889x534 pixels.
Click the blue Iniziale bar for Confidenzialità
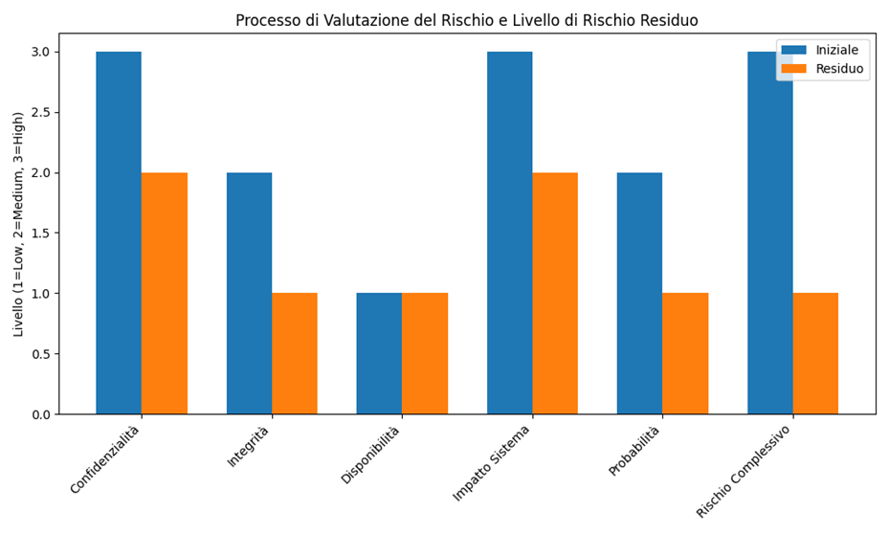point(119,233)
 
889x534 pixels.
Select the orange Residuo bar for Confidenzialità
point(165,293)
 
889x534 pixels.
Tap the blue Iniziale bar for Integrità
point(249,293)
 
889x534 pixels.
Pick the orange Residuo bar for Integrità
point(295,353)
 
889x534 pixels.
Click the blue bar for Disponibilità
point(379,353)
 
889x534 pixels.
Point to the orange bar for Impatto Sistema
point(555,293)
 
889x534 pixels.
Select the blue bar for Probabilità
point(639,293)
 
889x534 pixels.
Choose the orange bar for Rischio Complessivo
point(815,353)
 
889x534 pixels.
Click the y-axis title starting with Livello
point(19,224)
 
